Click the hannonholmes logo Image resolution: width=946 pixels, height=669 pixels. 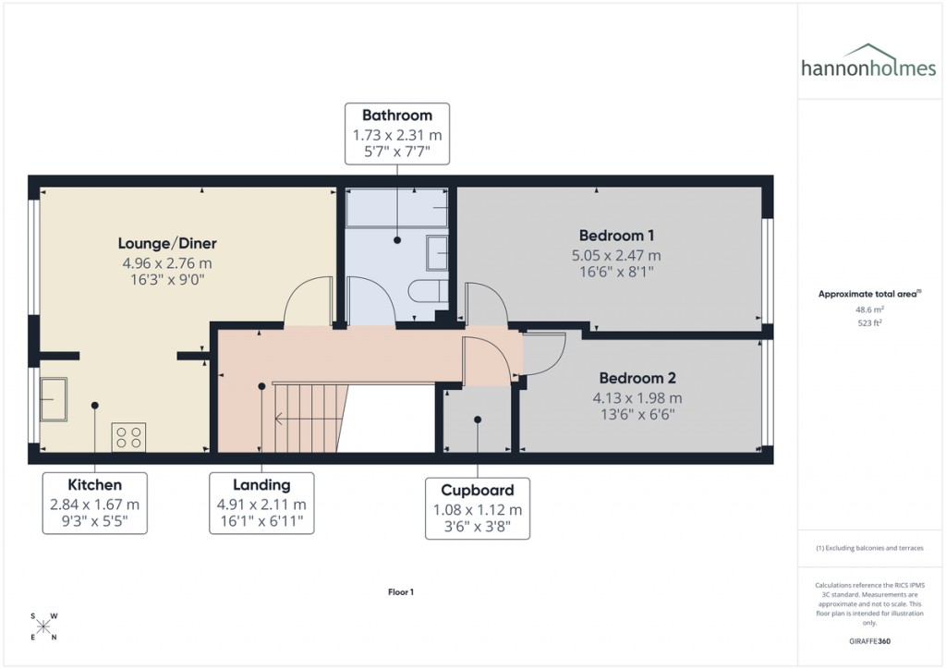pyautogui.click(x=868, y=62)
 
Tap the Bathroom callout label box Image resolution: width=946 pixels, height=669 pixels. pyautogui.click(x=396, y=134)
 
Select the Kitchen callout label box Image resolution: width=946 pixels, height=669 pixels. pyautogui.click(x=94, y=504)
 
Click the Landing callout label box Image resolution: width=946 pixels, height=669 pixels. pyautogui.click(x=261, y=504)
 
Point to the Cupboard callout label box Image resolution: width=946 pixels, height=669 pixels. pyautogui.click(x=478, y=508)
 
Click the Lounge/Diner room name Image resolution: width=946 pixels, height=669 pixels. pyautogui.click(x=167, y=244)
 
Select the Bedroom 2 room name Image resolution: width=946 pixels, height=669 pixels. pyautogui.click(x=637, y=378)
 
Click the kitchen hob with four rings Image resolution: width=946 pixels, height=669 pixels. pyautogui.click(x=128, y=436)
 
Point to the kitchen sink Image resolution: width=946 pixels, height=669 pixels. pyautogui.click(x=53, y=398)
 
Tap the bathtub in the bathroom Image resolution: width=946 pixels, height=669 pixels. pyautogui.click(x=396, y=209)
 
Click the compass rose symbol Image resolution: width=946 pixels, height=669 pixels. pyautogui.click(x=43, y=626)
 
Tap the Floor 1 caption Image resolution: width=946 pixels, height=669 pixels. pyautogui.click(x=400, y=592)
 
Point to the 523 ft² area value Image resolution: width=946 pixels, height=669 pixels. pyautogui.click(x=867, y=323)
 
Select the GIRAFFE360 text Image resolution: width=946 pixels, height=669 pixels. pyautogui.click(x=867, y=640)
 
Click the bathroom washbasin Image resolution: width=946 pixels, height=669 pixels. pyautogui.click(x=438, y=252)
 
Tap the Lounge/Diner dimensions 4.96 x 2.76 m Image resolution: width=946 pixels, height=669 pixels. pyautogui.click(x=167, y=263)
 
